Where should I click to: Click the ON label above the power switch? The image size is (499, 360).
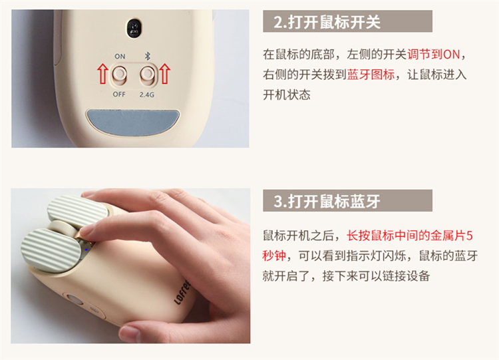(120, 57)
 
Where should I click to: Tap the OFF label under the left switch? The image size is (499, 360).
(119, 94)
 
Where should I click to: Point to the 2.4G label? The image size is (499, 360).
(147, 94)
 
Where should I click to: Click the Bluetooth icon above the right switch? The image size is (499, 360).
(147, 56)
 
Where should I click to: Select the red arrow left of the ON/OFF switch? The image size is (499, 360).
(102, 73)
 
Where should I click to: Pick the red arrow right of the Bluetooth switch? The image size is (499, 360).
(164, 73)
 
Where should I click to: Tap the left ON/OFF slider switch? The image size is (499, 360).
(119, 75)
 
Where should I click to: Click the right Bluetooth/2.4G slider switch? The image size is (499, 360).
(147, 75)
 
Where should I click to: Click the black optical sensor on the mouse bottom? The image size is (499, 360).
(134, 28)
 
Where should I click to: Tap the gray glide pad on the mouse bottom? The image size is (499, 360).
(133, 121)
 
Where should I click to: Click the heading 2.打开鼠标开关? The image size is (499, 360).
(327, 22)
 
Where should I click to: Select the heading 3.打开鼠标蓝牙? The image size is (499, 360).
(327, 201)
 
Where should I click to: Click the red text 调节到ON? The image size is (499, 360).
(433, 55)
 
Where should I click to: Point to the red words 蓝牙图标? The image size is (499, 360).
(371, 75)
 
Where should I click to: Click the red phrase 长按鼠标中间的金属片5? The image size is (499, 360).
(410, 236)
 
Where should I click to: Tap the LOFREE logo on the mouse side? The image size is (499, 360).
(183, 292)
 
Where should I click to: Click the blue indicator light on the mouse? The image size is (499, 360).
(86, 250)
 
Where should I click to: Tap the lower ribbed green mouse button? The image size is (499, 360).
(51, 250)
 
